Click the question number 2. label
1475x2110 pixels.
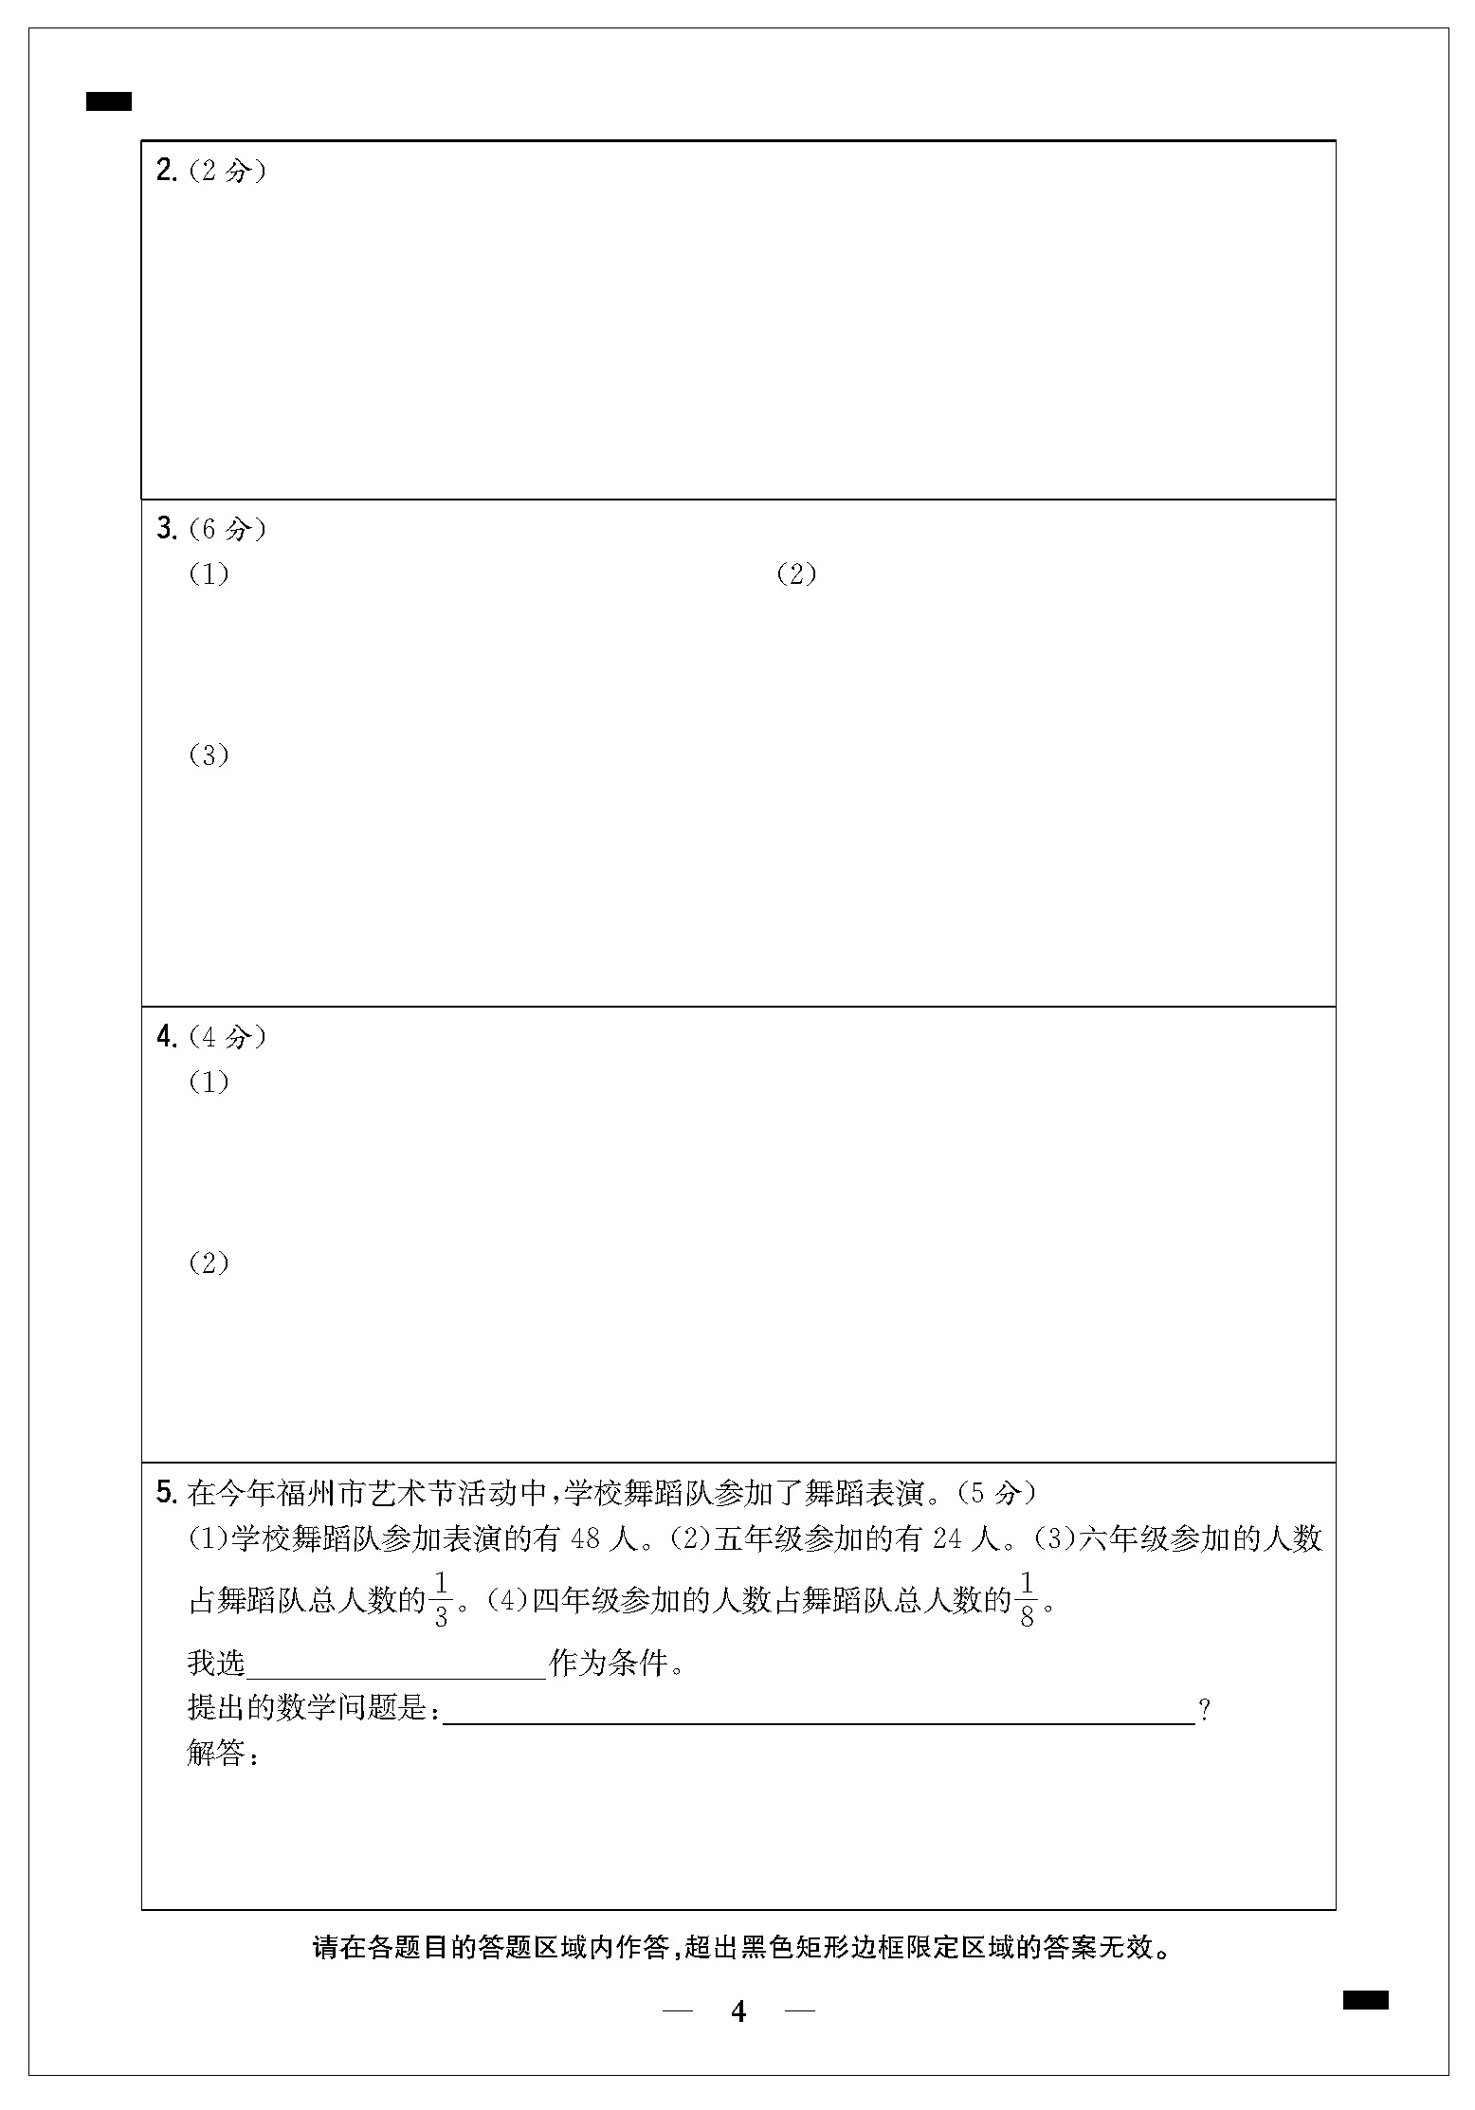(x=167, y=171)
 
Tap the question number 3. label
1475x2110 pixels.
(x=167, y=529)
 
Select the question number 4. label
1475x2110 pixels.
(x=167, y=1037)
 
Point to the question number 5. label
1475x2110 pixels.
(x=167, y=1494)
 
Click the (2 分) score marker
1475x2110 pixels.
(x=228, y=171)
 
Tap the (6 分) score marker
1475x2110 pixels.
(x=228, y=529)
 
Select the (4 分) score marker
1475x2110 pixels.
(x=228, y=1037)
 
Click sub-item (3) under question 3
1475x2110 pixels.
(x=209, y=755)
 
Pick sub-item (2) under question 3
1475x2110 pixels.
(x=796, y=574)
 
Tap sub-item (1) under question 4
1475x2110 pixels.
(x=209, y=1082)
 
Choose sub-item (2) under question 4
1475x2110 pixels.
(x=209, y=1264)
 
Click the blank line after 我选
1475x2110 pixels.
(x=396, y=1666)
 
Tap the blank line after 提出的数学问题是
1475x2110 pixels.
(x=818, y=1712)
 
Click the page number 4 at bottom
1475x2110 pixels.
(x=738, y=2011)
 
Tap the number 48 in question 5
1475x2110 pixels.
(x=586, y=1539)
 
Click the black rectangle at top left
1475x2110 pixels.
(x=109, y=101)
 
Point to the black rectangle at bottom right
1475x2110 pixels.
(x=1366, y=2000)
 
